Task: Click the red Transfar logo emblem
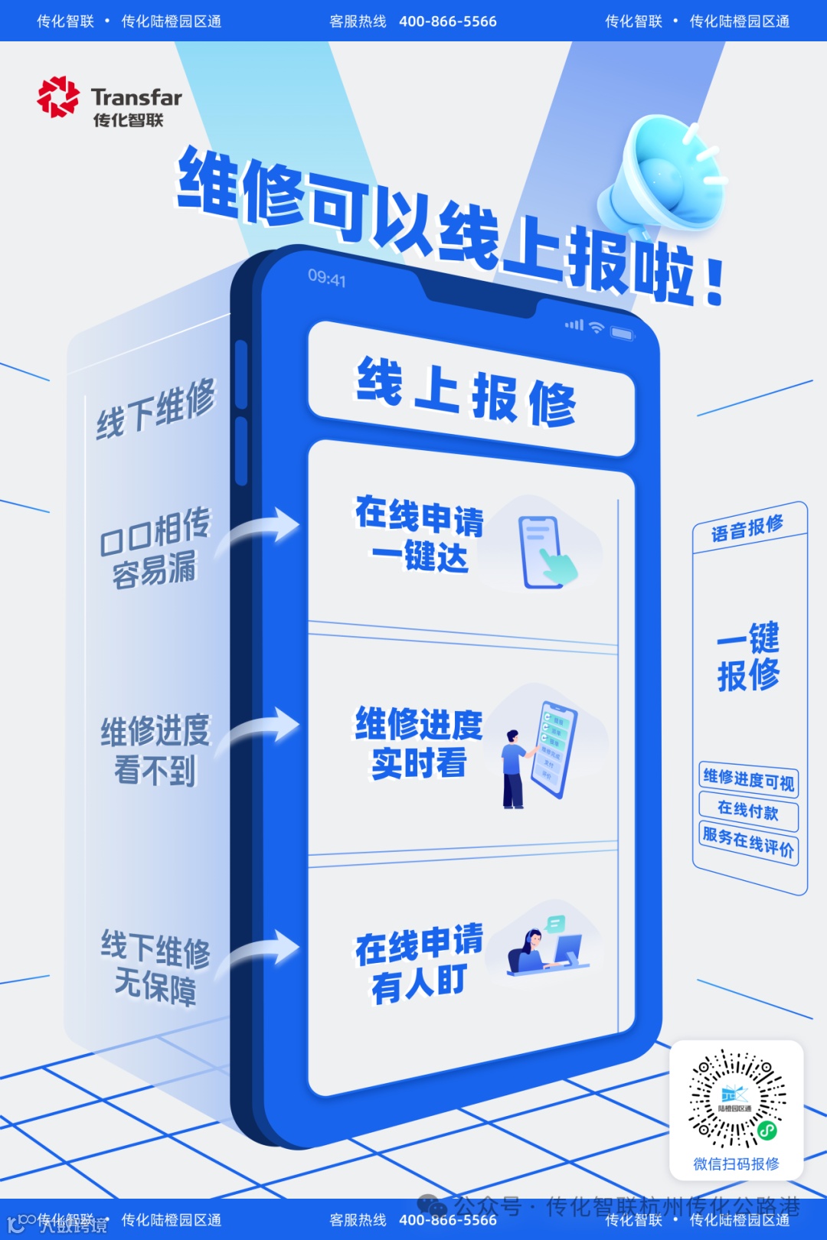point(58,97)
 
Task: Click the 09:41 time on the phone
point(327,278)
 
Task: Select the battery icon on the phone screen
point(622,334)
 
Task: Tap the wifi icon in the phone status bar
point(596,328)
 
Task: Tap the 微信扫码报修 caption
point(736,1164)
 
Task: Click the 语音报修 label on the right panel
point(747,527)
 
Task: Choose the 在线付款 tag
point(747,811)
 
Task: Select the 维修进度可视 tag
point(748,780)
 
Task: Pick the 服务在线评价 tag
point(748,841)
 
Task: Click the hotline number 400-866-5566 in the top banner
point(447,21)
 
